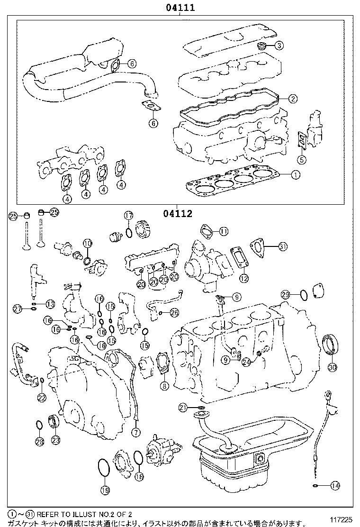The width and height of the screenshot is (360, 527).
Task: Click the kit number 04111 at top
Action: [180, 8]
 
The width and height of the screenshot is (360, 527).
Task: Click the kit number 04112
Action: [178, 214]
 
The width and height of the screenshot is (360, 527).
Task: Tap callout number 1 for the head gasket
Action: [295, 175]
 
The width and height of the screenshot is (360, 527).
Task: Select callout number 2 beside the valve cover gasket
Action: [293, 99]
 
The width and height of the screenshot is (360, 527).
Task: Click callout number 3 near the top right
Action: [279, 45]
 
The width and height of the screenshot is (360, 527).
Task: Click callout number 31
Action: [283, 246]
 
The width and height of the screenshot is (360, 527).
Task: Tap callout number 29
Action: [285, 294]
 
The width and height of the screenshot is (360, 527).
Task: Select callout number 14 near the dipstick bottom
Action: [335, 485]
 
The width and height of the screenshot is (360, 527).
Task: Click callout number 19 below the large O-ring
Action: [105, 490]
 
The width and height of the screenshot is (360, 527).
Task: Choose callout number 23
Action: [55, 440]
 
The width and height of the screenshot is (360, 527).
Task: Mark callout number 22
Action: [42, 397]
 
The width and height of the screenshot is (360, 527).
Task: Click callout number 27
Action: [18, 309]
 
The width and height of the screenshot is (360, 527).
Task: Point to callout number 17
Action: [128, 216]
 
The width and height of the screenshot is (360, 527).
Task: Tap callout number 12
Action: [243, 278]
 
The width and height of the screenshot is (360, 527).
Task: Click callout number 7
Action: [136, 432]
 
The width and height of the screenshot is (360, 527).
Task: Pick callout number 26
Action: [174, 312]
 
